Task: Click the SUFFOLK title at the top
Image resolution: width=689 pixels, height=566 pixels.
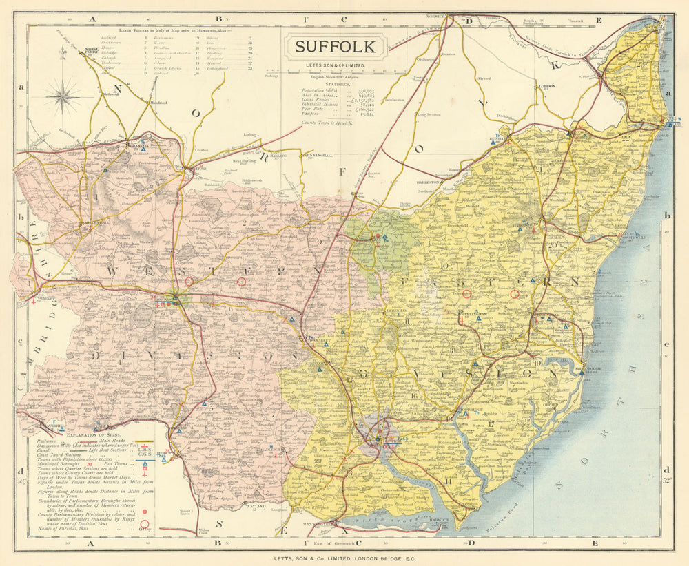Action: (336, 47)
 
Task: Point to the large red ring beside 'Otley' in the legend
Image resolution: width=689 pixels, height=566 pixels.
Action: (145, 528)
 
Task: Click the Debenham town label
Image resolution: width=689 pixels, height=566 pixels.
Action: (380, 311)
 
